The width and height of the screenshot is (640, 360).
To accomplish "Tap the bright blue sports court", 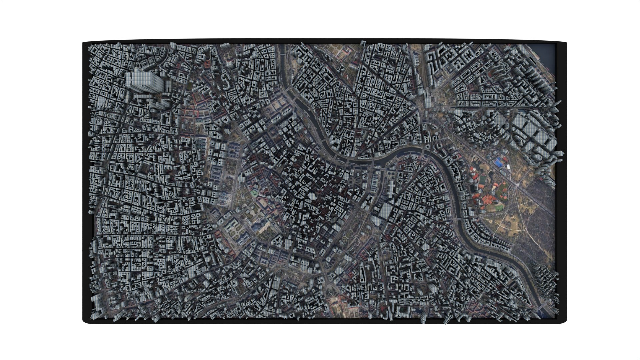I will pyautogui.click(x=499, y=162).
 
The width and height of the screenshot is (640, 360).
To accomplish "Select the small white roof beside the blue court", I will pyautogui.click(x=508, y=166).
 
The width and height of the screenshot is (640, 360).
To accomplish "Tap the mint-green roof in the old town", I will pyautogui.click(x=254, y=193).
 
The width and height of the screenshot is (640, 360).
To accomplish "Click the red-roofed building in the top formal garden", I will pyautogui.click(x=207, y=63).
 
